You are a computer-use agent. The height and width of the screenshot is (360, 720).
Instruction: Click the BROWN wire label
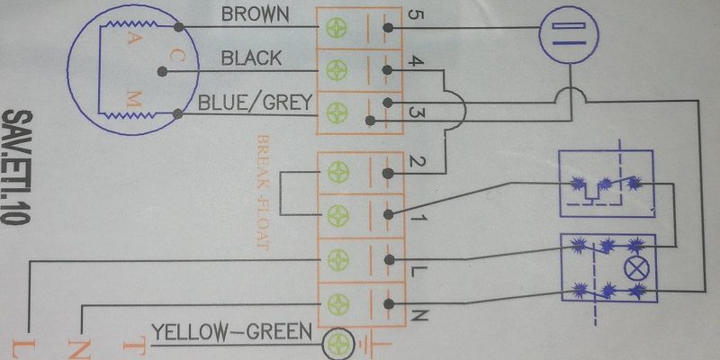[256, 14]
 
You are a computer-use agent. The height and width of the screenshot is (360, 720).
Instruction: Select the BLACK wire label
[251, 58]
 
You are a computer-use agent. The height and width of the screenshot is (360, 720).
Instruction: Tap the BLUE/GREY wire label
[256, 103]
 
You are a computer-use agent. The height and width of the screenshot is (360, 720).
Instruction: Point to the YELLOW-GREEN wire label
[231, 331]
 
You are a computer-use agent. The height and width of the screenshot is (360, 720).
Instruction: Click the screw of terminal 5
[337, 28]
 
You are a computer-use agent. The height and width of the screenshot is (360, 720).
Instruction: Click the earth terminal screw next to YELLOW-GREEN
[339, 344]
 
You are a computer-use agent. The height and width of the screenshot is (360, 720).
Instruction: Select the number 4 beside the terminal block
[415, 61]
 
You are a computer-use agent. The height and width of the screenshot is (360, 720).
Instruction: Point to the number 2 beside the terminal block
[417, 162]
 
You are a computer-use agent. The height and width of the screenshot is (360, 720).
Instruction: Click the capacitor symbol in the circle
[569, 34]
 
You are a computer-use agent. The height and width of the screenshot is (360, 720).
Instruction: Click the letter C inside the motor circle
[176, 57]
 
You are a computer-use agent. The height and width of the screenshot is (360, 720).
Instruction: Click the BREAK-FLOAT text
[263, 193]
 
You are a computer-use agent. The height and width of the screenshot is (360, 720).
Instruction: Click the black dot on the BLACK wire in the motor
[162, 72]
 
